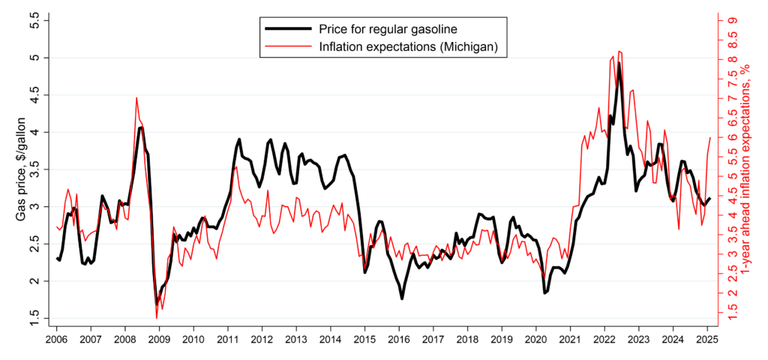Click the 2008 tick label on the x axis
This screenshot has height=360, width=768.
pyautogui.click(x=124, y=339)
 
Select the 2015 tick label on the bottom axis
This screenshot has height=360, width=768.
pyautogui.click(x=364, y=339)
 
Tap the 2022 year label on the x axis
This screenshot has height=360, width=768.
pyautogui.click(x=605, y=339)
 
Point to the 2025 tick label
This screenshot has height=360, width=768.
pyautogui.click(x=708, y=339)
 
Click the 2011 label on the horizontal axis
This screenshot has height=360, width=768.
pyautogui.click(x=227, y=339)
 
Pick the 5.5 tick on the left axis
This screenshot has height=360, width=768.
pyautogui.click(x=33, y=20)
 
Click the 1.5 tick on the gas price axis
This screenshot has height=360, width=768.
pyautogui.click(x=33, y=318)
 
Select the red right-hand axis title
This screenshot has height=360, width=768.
pyautogui.click(x=745, y=169)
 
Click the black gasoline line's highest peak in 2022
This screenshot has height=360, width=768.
pyautogui.click(x=619, y=64)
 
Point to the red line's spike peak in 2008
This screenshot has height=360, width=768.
pyautogui.click(x=136, y=97)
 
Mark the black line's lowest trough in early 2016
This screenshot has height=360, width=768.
pyautogui.click(x=402, y=298)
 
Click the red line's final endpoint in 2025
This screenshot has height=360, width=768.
pyautogui.click(x=710, y=137)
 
